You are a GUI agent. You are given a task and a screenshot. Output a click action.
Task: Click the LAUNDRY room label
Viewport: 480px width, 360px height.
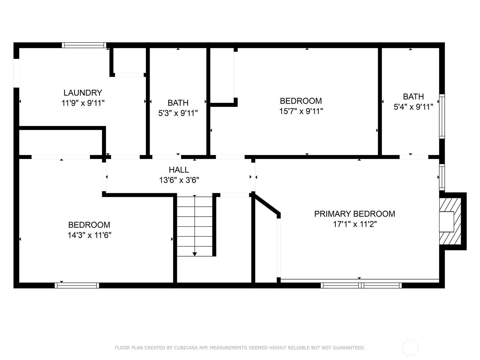tap(83, 93)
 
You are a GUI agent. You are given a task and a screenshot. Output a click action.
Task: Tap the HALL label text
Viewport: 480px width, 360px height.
tap(179, 169)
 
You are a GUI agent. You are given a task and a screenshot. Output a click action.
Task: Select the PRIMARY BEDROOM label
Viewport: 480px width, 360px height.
tap(355, 214)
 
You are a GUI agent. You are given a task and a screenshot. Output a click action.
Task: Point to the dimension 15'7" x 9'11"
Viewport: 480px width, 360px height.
tap(301, 111)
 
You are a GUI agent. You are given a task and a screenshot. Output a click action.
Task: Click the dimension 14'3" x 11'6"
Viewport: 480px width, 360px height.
tap(89, 235)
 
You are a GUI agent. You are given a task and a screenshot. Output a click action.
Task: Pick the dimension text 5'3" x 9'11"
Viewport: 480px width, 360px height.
tap(178, 113)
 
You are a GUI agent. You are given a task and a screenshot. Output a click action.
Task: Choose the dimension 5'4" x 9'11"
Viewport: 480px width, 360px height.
tap(413, 107)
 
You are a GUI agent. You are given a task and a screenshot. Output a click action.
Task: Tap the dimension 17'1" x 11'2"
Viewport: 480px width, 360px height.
tap(355, 224)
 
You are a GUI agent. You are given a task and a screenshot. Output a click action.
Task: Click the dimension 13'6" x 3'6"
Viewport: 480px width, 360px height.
tap(179, 180)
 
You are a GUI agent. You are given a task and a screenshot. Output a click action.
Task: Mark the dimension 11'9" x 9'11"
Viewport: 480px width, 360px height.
tap(83, 103)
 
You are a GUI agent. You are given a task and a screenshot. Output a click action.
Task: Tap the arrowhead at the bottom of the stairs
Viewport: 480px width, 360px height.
tap(195, 254)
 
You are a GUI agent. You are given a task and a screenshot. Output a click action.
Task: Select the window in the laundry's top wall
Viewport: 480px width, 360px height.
tap(84, 45)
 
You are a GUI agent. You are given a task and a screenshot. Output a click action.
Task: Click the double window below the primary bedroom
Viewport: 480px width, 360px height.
tap(361, 286)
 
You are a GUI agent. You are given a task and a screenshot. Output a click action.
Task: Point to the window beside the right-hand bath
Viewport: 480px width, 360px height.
tap(442, 116)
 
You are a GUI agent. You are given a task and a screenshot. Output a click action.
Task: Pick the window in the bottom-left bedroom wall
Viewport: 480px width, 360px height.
tap(77, 286)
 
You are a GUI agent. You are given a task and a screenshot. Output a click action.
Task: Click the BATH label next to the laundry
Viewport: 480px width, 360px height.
tap(178, 103)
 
